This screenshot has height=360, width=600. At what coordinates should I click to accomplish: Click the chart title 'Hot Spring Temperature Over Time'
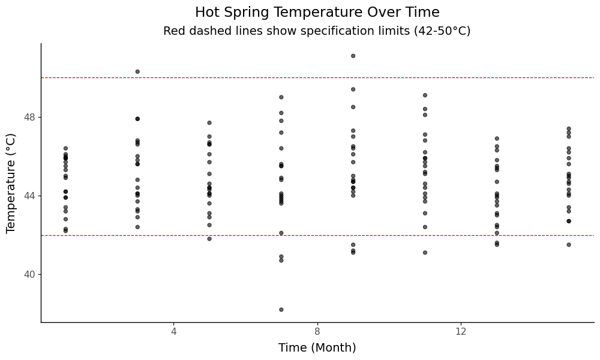point(317,13)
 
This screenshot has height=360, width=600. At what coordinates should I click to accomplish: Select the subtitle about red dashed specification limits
point(317,31)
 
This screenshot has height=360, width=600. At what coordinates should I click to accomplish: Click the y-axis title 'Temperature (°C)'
point(11,183)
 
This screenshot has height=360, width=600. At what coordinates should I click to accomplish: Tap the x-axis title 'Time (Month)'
point(317,348)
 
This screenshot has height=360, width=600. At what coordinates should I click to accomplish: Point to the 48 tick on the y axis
point(28,117)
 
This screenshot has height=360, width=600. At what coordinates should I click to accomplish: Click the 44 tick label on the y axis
point(28,196)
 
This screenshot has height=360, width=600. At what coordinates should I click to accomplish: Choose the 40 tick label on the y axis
point(28,274)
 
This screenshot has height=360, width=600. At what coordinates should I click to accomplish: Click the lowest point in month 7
point(281,310)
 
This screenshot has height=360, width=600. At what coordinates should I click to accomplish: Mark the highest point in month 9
point(353,56)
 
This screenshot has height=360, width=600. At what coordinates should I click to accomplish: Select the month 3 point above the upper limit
point(137,71)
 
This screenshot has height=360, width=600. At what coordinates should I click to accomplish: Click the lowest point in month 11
point(425,253)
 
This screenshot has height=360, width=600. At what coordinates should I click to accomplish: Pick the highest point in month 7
point(281,97)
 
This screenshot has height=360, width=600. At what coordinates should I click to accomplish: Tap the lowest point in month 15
point(569,245)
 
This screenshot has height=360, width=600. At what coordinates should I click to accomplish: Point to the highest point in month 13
point(497,139)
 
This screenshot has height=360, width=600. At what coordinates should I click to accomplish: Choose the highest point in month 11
point(425,95)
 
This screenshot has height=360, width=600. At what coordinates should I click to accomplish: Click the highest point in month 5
point(209,123)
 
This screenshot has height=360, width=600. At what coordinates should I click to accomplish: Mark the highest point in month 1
point(65,148)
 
